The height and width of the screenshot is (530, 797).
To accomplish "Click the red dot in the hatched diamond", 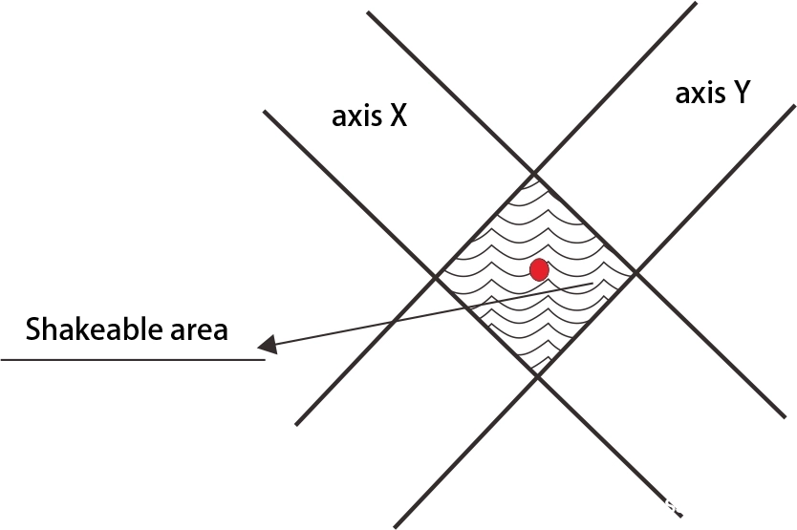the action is coord(539,270).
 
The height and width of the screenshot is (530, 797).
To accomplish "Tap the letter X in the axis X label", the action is coord(398,116).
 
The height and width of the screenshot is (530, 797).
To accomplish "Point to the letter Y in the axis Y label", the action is coord(740,93).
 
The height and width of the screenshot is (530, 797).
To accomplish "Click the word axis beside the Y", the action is coord(700,94).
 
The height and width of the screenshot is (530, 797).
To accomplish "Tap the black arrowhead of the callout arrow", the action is coord(268,345).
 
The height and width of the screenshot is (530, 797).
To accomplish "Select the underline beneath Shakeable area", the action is coord(133,360).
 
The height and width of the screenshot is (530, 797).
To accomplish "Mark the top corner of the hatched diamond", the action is coord(533,173).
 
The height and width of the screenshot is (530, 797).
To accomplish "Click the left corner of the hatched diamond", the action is coord(436,276).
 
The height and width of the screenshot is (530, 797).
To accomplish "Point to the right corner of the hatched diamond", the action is coord(635,274).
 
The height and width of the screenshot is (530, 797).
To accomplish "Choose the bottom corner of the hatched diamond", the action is coord(537,375).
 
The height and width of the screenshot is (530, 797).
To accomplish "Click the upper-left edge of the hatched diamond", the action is coord(485,225).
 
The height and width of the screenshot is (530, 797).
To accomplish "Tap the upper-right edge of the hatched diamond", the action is coord(585,223).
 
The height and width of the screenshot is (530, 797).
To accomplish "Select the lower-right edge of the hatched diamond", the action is coord(587,325).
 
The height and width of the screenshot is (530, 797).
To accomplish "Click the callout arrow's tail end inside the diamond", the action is coord(592,283).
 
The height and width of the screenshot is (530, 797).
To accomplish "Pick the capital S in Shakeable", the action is coord(32,329).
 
